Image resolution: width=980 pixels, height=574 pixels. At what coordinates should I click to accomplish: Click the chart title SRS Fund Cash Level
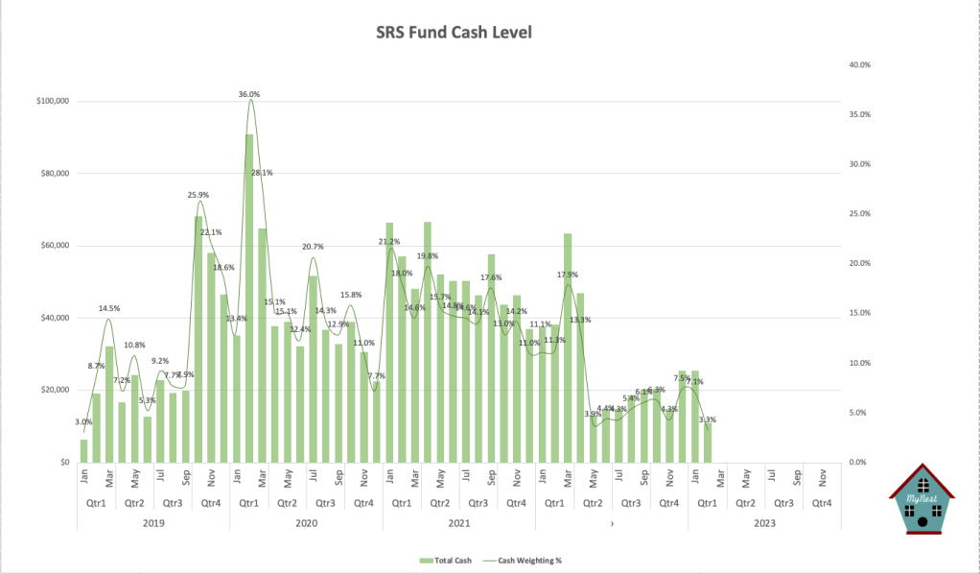[x=453, y=32]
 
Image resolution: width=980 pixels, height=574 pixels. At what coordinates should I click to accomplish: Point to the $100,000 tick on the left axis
[x=54, y=102]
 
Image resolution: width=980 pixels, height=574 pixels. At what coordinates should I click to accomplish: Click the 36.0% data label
[x=249, y=94]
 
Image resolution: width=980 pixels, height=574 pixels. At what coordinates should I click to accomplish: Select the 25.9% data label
[x=198, y=195]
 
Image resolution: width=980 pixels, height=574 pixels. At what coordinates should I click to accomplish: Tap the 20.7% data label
[x=313, y=247]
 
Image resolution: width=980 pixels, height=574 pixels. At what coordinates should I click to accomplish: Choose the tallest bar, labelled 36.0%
[x=249, y=298]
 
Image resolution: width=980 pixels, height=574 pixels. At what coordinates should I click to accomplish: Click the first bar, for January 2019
[x=83, y=450]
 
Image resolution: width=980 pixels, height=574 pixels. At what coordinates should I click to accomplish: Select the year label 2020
[x=306, y=523]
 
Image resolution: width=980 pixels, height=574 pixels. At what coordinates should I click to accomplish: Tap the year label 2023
[x=764, y=523]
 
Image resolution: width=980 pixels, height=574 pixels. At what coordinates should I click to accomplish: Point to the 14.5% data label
[x=109, y=308]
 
